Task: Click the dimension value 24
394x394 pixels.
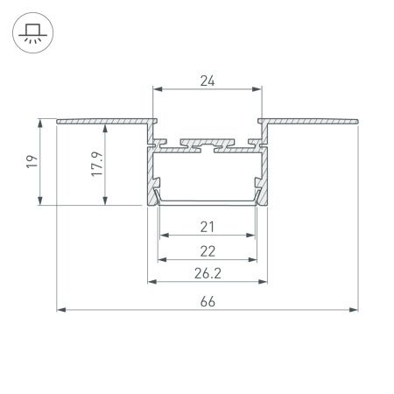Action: tap(208, 80)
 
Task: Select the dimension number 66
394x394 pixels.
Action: tap(208, 300)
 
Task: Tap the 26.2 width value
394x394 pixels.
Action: tap(208, 272)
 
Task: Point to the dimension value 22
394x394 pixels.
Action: tap(208, 250)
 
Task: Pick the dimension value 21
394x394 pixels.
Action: tap(208, 227)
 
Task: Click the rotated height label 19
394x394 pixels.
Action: tap(31, 162)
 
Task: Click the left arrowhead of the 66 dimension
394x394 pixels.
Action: tap(60, 309)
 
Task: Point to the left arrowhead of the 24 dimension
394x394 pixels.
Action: tap(158, 88)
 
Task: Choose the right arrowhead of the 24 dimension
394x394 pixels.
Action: tap(258, 88)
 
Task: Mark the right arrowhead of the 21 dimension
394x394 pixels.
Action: tap(255, 236)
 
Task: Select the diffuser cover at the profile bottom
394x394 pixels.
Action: tap(208, 202)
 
